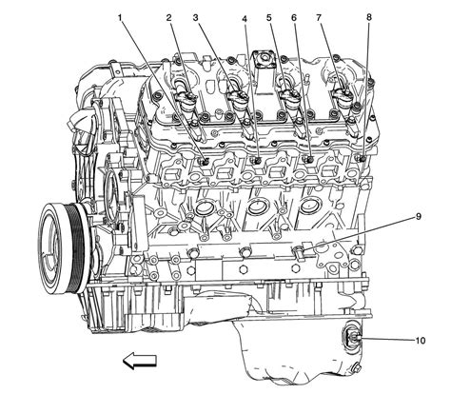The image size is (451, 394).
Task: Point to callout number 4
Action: click(245, 18)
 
